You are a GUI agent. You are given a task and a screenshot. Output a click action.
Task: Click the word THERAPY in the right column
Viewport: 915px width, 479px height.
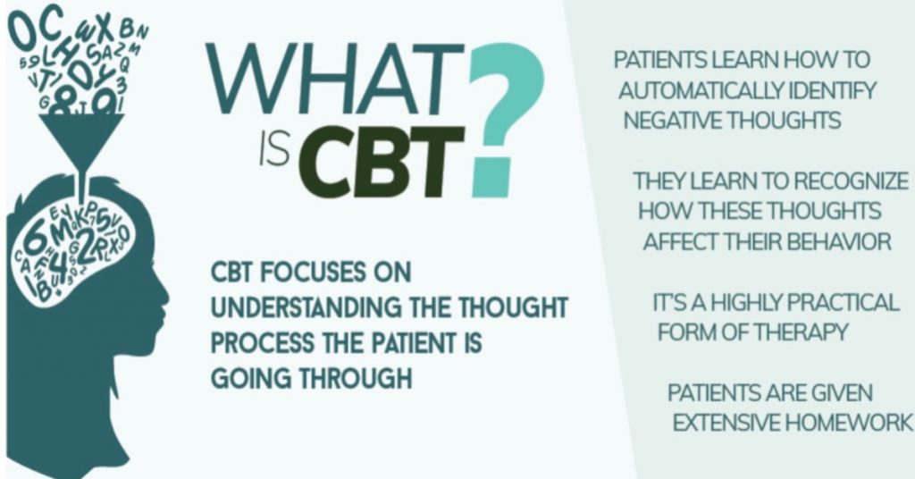coord(802,332)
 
